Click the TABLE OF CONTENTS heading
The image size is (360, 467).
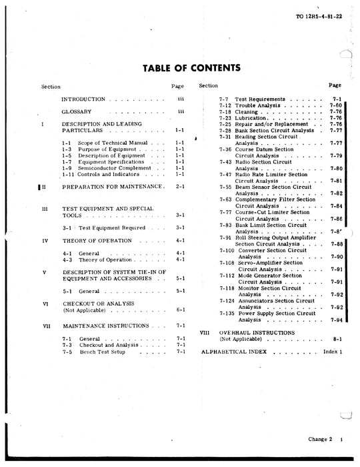click(191, 67)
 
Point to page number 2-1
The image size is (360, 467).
click(179, 188)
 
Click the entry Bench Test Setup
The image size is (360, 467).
click(104, 351)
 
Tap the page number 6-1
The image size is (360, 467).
click(180, 310)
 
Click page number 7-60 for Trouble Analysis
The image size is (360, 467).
click(335, 105)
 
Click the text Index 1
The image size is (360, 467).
click(332, 350)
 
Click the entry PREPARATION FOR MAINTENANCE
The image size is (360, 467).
click(112, 188)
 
